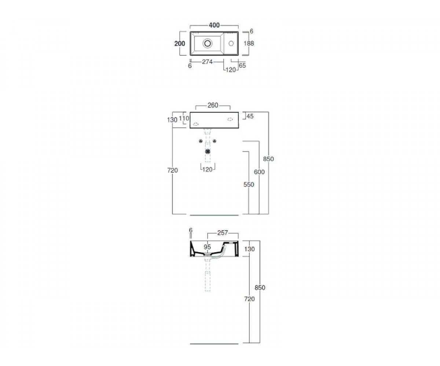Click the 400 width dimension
click(x=214, y=25)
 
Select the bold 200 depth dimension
click(x=180, y=44)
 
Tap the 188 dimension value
click(x=249, y=43)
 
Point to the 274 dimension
click(x=208, y=62)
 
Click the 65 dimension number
click(x=242, y=66)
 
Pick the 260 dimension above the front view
click(x=213, y=105)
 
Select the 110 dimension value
click(x=184, y=119)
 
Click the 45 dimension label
click(x=250, y=116)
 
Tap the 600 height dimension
click(x=259, y=172)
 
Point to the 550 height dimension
click(x=249, y=184)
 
